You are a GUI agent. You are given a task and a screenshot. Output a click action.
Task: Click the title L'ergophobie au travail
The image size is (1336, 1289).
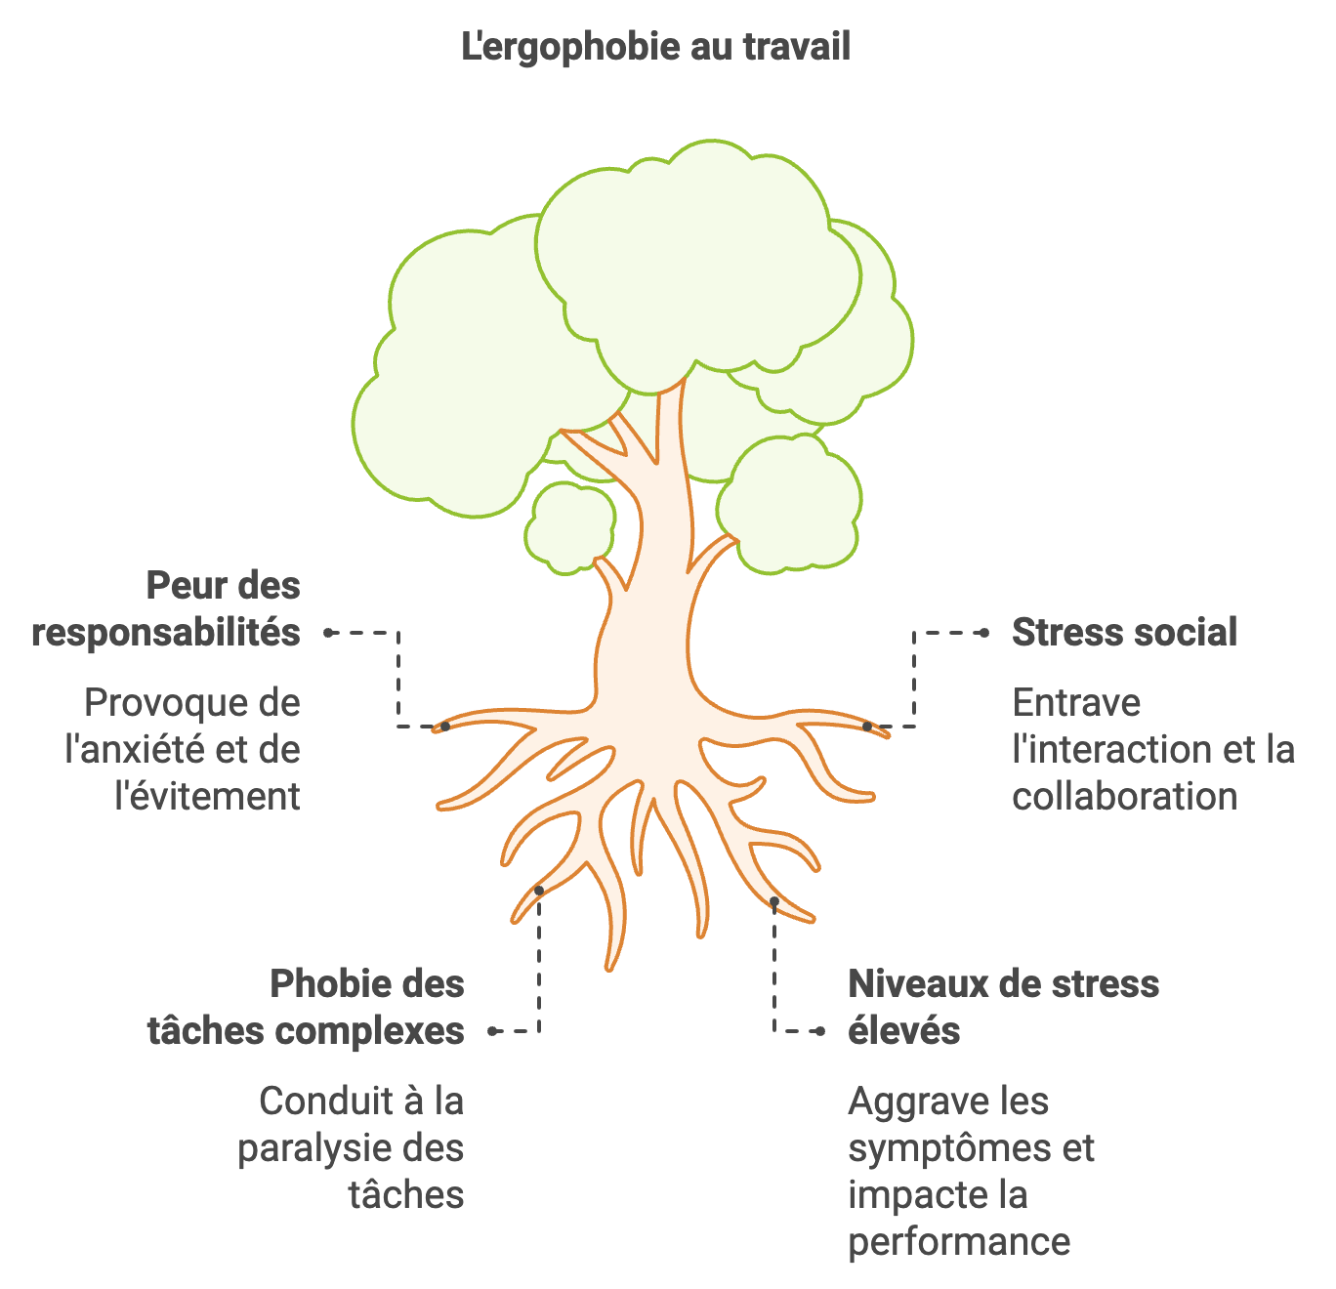[655, 47]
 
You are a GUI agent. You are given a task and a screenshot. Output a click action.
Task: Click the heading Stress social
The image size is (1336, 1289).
[1124, 633]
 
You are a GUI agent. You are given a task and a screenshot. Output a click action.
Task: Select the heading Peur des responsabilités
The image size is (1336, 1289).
[166, 609]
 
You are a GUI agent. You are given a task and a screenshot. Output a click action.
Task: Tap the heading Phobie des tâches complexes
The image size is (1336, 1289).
[306, 1007]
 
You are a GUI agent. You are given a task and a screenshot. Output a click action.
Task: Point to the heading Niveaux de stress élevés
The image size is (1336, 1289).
[1003, 1007]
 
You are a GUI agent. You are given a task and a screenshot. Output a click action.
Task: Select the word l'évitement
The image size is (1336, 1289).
[207, 797]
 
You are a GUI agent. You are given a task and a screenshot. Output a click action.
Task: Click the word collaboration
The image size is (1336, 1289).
[1124, 797]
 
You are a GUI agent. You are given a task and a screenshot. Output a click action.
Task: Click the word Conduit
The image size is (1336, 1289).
[319, 1102]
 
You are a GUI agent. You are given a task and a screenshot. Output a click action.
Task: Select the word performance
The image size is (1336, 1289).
[959, 1242]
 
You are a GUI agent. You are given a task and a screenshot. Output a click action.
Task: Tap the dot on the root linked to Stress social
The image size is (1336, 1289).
[867, 727]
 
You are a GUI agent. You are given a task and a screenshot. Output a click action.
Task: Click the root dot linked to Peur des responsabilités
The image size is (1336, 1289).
[444, 727]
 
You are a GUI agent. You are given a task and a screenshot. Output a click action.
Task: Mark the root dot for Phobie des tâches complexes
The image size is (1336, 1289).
[539, 891]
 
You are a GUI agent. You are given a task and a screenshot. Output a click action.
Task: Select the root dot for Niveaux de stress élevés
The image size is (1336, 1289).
[773, 900]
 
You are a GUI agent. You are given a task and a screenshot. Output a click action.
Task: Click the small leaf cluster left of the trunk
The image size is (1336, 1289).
[569, 527]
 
